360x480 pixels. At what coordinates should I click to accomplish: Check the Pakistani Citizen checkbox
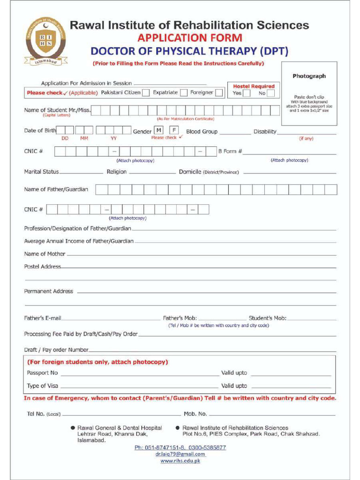coord(146,93)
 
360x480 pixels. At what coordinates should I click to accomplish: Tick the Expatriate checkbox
coord(184,93)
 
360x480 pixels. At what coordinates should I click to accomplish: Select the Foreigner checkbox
coord(219,93)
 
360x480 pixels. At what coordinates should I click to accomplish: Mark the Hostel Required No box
coord(271,93)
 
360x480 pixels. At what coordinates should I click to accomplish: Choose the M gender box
coord(159,130)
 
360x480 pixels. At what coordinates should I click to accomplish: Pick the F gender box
coord(174,130)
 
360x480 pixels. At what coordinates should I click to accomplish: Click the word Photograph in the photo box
coord(309,76)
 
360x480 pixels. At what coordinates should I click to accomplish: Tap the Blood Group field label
coord(202,132)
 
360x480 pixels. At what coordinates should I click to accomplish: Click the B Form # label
coord(230,151)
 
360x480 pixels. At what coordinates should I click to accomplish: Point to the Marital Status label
coord(41,172)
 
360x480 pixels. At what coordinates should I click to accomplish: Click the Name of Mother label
coord(45,254)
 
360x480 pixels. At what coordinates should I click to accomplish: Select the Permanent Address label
coord(49,291)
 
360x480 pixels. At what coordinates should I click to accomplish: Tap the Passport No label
coord(42,373)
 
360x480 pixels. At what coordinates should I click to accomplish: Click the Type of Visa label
coord(43,386)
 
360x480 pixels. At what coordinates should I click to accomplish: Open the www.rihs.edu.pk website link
coord(180,461)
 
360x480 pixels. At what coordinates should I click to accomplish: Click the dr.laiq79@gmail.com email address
coord(180,454)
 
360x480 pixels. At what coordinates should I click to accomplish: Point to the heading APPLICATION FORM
coord(189,38)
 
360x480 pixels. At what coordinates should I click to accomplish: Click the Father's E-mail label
coord(43,318)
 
